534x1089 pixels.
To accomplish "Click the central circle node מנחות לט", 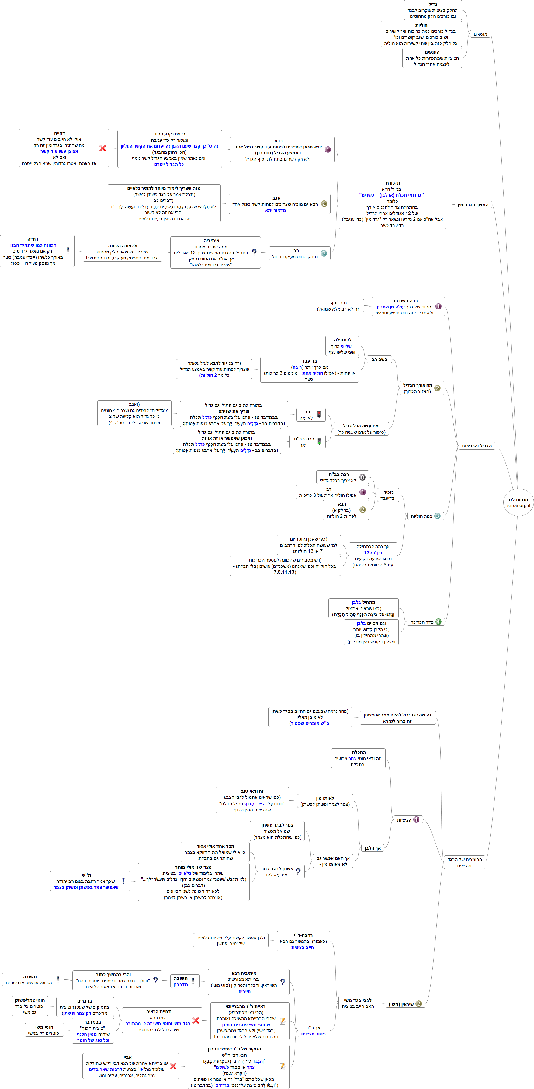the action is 518,502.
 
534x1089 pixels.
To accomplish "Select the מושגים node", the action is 480,34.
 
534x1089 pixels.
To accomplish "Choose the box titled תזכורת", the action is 392,204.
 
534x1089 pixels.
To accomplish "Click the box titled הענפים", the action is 432,58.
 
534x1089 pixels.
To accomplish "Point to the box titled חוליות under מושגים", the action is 421,34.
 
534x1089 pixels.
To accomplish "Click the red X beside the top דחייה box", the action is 103,148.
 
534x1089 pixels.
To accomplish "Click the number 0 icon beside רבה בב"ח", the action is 362,477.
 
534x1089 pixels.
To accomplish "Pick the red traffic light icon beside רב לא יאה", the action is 319,415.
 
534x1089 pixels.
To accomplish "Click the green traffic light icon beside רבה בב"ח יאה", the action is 319,442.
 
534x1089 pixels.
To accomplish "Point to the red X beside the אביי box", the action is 173,1066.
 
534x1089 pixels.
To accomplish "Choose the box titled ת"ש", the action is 86,881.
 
